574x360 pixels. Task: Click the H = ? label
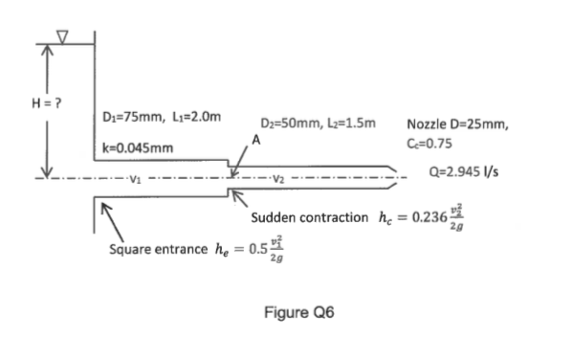[20, 103]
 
